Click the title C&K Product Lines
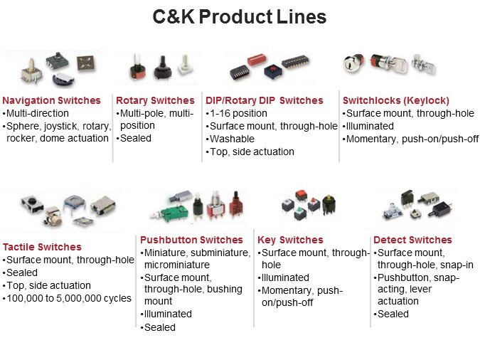pos(240,16)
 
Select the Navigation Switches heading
pos(51,100)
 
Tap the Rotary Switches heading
pos(155,100)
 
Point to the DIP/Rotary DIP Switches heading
pos(265,100)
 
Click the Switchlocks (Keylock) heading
pos(396,100)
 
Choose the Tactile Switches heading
pos(42,247)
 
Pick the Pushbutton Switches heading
pos(191,240)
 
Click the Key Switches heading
pos(290,240)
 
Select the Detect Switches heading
pos(412,240)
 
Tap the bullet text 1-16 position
pos(238,113)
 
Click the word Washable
pos(232,139)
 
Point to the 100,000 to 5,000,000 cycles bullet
pos(69,298)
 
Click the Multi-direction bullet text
pos(38,113)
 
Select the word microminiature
pos(177,265)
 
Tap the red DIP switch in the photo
pos(257,60)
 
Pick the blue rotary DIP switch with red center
pos(273,70)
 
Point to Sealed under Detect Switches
pos(393,314)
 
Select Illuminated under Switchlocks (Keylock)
pos(370,126)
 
